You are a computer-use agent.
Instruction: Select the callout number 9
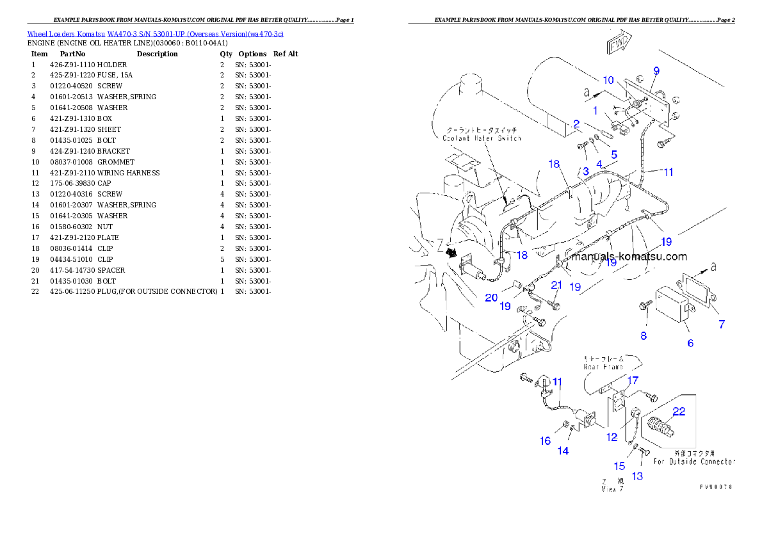coord(656,70)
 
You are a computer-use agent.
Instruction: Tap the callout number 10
coord(608,80)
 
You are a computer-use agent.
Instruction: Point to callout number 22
coord(679,412)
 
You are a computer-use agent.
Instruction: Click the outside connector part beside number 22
coord(662,426)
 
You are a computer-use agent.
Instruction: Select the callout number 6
coord(690,343)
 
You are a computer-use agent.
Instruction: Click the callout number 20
coord(491,298)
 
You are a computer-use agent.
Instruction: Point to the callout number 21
coord(556,285)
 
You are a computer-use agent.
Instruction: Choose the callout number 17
coord(633,381)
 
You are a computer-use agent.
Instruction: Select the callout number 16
coord(545,440)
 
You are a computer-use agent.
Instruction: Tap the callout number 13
coord(637,476)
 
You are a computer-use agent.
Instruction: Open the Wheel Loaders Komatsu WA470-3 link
coord(155,34)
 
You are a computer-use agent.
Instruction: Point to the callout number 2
coord(576,124)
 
